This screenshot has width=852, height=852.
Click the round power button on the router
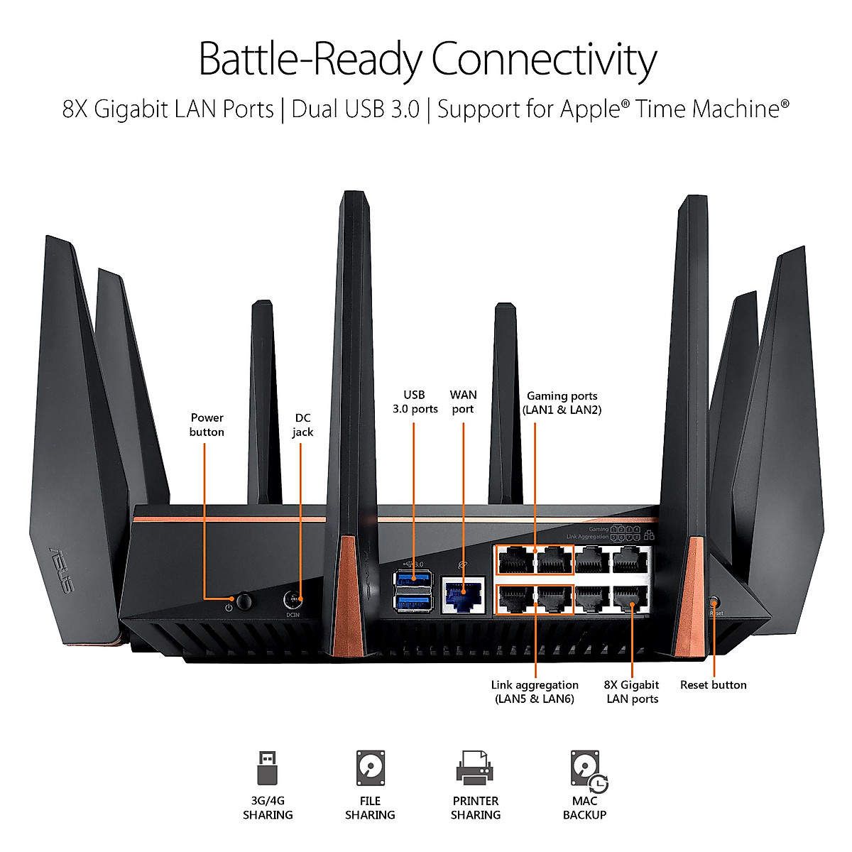pos(244,601)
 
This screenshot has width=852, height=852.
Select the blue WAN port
pos(463,595)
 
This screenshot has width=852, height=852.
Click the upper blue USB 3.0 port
pos(413,579)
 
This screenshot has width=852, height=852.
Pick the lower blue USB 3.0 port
pos(413,603)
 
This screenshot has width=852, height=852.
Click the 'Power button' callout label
pos(207,425)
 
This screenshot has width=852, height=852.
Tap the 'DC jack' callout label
pos(302,425)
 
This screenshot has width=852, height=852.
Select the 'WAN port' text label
pos(463,402)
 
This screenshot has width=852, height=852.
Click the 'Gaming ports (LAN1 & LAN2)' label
pos(562,403)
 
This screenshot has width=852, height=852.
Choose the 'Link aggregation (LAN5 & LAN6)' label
pos(535,692)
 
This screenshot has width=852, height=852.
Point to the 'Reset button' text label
pos(713,684)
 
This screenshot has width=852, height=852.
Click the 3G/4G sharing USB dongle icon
pos(267,768)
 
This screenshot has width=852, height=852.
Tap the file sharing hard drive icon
pos(370,768)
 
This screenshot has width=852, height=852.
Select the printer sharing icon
pos(475,768)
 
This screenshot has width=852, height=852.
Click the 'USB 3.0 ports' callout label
pos(415,402)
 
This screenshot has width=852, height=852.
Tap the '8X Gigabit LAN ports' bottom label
pos(631,692)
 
